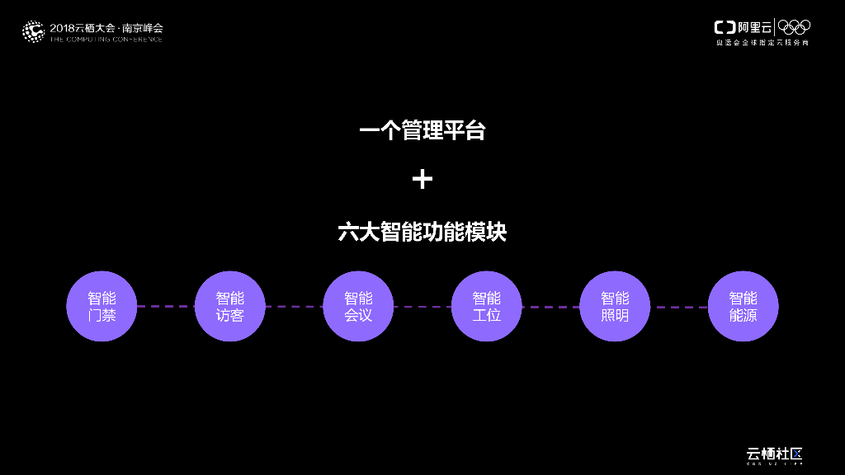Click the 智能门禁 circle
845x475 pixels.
tap(101, 306)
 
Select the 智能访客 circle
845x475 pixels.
tap(230, 306)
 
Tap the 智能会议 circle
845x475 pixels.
tap(358, 306)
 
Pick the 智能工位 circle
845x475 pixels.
tap(487, 306)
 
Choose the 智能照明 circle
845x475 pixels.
tap(615, 306)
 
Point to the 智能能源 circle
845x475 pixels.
tap(743, 306)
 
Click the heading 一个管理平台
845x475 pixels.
tap(422, 130)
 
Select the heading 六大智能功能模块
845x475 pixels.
tap(422, 232)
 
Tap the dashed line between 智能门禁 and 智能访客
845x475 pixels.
tap(166, 306)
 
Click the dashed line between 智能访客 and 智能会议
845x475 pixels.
tap(294, 307)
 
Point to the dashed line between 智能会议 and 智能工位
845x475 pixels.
tap(422, 307)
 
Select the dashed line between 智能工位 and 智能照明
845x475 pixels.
tap(550, 307)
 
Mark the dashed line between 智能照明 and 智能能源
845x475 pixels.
tap(679, 307)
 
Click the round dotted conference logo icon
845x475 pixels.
tap(33, 31)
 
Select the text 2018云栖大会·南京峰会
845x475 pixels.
tap(106, 27)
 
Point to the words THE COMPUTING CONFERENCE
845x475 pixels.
tap(106, 39)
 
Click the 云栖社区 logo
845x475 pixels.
tap(774, 454)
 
